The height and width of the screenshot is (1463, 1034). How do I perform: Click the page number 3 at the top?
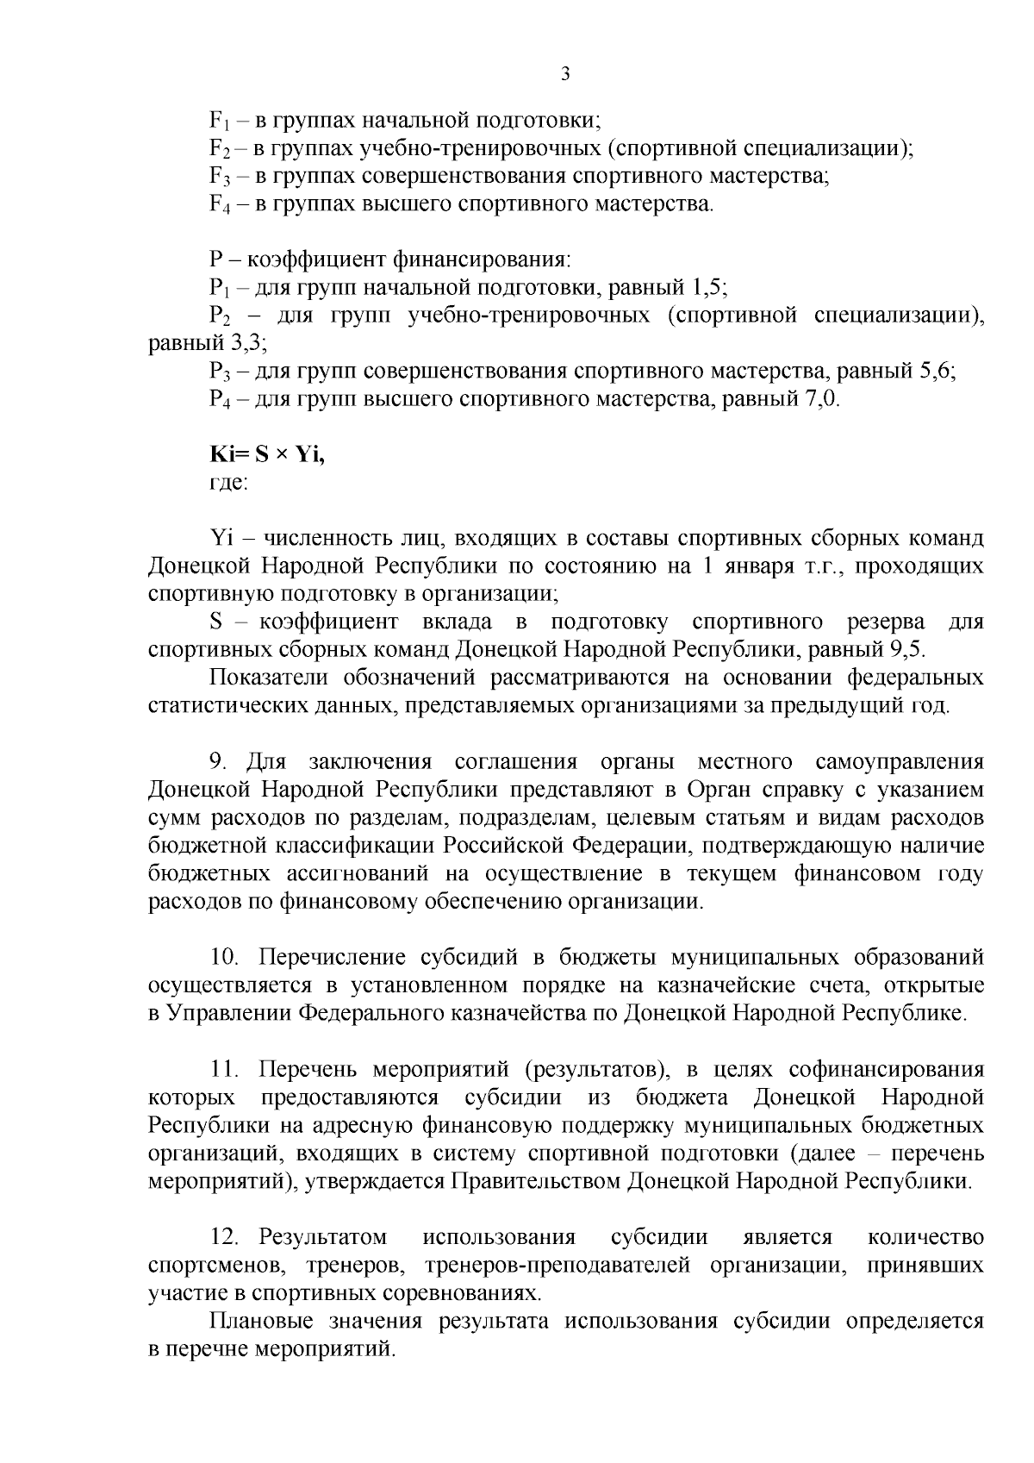point(565,75)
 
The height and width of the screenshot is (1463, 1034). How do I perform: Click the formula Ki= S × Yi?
point(267,455)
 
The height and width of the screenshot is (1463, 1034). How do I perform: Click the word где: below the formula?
point(228,483)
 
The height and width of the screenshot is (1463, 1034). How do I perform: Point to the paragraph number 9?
point(218,762)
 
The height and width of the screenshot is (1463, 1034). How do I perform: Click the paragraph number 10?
point(224,957)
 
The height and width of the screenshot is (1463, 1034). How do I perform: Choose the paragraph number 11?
point(223,1069)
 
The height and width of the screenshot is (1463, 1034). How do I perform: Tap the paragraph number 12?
point(224,1237)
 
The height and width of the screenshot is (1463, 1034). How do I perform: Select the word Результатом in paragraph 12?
point(323,1237)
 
